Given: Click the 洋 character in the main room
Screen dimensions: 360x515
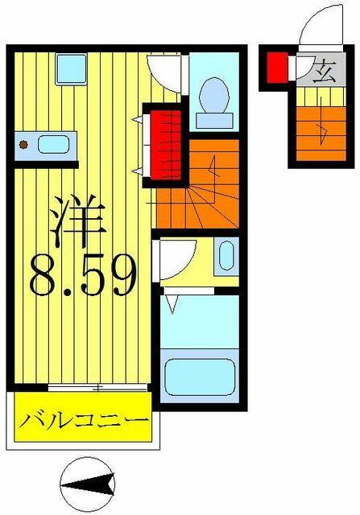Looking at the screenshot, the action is coord(78,220).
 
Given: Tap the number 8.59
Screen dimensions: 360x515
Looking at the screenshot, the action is coord(83,275).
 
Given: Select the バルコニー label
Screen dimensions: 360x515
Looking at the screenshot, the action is coord(83,420).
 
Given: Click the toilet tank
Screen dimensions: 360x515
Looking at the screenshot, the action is coord(214,121).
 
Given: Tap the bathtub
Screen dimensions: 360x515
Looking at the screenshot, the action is coord(201,377).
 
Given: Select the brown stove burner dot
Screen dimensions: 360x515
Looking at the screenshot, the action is coord(23,144).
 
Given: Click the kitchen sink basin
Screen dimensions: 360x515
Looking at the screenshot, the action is coord(54,145).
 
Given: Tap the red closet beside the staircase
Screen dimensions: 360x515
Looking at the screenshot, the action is coord(166,145).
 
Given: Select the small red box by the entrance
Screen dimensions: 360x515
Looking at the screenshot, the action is coord(277,68).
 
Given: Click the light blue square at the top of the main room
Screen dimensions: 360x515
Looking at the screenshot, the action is coord(71,69).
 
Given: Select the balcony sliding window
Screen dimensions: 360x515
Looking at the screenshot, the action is coord(97,388).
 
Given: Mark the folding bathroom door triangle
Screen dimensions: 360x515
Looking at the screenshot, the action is coord(172,304).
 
